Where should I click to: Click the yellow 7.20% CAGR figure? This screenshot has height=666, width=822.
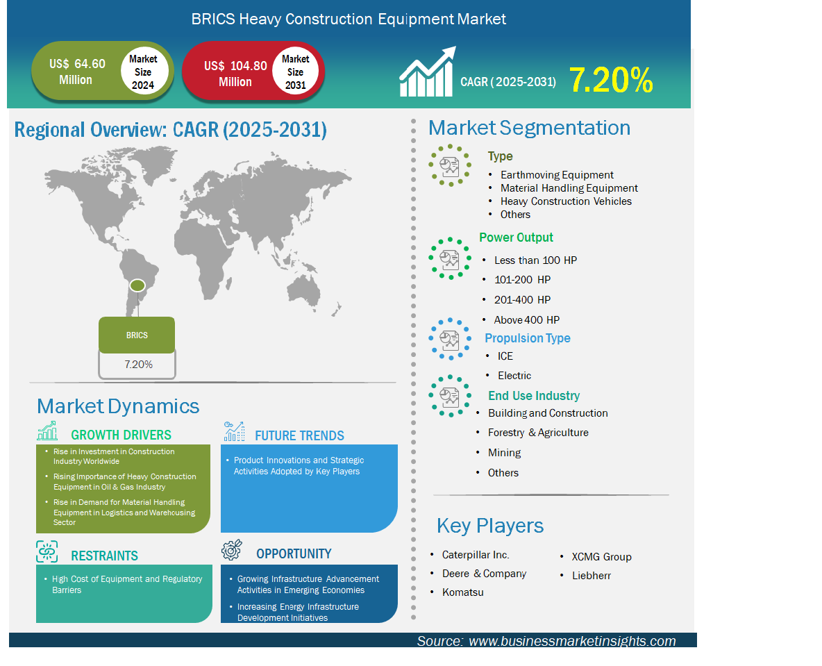coord(611,81)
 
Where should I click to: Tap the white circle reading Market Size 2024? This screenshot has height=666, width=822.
coord(144,72)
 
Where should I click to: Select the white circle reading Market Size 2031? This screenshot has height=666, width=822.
coord(296,72)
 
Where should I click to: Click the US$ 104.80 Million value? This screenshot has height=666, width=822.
coord(235,74)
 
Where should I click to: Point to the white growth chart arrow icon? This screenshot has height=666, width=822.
coord(427,72)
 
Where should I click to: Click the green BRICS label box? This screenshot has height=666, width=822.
coord(137,335)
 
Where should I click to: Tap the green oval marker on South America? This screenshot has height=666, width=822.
coord(137,285)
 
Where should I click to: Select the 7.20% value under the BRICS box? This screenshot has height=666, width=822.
coord(138,365)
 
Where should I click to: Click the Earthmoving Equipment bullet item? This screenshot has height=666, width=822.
coord(557,174)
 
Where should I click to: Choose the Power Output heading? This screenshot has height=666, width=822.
coord(516,238)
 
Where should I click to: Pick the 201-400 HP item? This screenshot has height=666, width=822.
coord(522,300)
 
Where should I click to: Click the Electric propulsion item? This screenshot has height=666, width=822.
coord(514,376)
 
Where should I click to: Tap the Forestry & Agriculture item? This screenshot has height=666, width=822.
coord(538,433)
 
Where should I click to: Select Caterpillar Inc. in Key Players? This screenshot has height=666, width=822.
coord(476,555)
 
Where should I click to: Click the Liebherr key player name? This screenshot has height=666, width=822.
coord(592,575)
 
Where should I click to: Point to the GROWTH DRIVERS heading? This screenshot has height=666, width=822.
coord(121,435)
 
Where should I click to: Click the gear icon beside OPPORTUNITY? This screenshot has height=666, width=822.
coord(232,549)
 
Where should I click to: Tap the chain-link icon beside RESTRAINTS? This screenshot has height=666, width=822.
coord(47,551)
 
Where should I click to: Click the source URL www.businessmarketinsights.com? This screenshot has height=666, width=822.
coord(572,641)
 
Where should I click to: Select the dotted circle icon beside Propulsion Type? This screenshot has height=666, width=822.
coord(450,339)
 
